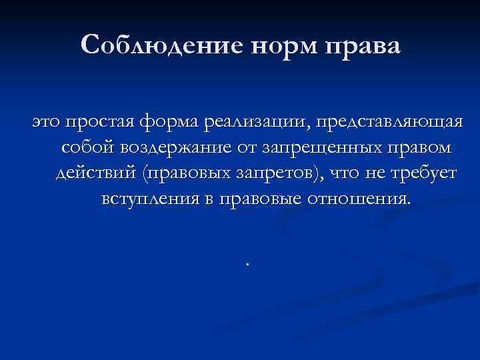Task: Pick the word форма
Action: pyautogui.click(x=169, y=121)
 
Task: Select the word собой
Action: pyautogui.click(x=86, y=147)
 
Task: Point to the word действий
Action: pyautogui.click(x=93, y=173)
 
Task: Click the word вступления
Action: pyautogui.click(x=150, y=198)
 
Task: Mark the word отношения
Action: pyautogui.click(x=357, y=198)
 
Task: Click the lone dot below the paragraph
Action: pyautogui.click(x=247, y=263)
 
